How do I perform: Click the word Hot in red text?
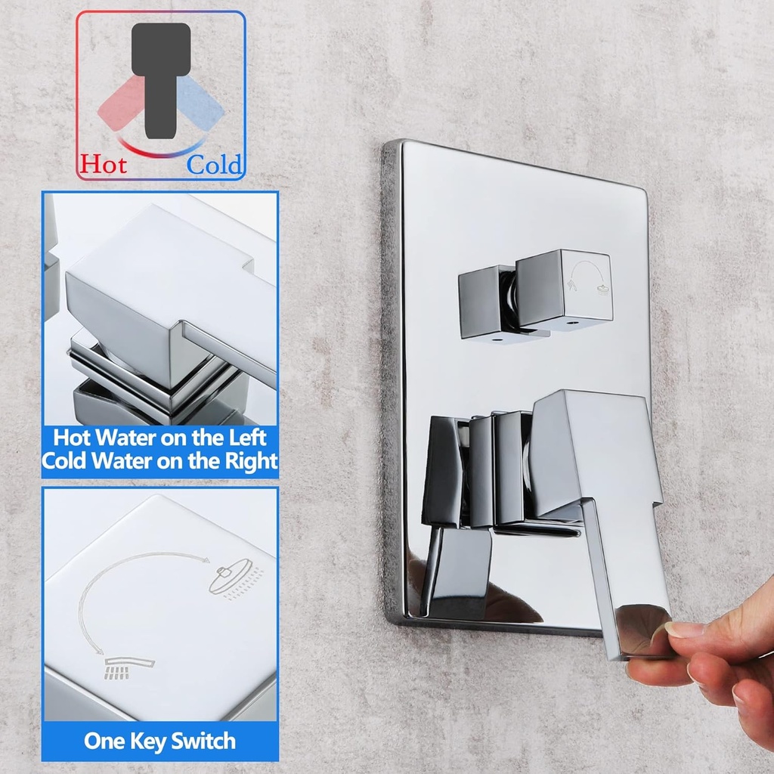(x=104, y=163)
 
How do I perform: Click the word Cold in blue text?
(x=215, y=164)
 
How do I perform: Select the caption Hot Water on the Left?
(x=159, y=438)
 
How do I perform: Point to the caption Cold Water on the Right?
(x=159, y=460)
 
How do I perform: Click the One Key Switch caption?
(x=159, y=740)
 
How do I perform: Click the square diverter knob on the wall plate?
(x=563, y=289)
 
